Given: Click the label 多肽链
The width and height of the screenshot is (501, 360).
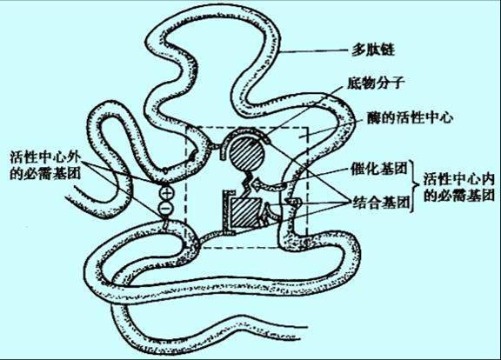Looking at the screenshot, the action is click(373, 50).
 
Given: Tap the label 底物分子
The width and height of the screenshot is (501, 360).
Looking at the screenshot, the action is click(376, 83).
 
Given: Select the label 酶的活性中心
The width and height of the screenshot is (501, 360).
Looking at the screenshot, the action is click(410, 118).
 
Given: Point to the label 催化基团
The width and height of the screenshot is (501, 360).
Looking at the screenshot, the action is click(379, 169).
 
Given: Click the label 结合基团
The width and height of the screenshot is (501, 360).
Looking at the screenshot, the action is click(381, 202).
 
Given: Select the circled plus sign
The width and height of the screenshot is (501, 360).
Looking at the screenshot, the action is click(166, 193).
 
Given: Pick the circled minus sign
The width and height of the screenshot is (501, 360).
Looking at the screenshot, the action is click(166, 209).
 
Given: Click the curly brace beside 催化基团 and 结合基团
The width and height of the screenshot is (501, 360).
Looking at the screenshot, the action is click(415, 185).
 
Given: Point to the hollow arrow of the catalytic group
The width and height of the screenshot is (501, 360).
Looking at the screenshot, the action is click(268, 185).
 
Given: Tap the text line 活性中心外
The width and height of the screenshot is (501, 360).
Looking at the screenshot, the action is click(45, 157).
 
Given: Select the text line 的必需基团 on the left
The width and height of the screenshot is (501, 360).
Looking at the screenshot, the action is click(45, 173).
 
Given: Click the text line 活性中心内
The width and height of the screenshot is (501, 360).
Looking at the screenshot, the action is click(459, 179).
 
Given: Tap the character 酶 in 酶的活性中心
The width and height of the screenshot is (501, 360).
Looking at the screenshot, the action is click(374, 118).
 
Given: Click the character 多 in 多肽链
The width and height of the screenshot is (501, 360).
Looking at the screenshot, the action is click(359, 50).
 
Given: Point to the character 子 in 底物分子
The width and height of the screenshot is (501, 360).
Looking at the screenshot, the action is click(397, 83).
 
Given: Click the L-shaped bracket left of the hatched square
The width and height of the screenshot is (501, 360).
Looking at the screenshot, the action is click(228, 210).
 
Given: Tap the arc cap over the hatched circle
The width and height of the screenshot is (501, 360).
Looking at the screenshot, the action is click(246, 131).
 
